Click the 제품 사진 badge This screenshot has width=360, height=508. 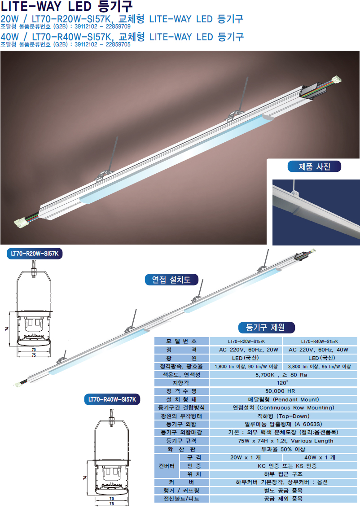point(314,166)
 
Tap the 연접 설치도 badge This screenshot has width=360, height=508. point(171,279)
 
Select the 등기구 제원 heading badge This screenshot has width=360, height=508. point(266,327)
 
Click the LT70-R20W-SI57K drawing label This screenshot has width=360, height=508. point(35,254)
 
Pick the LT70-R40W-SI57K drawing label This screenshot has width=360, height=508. point(112,399)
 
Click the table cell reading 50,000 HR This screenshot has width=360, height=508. point(283,391)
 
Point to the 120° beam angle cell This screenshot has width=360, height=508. point(283,383)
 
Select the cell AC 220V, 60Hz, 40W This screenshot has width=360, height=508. point(320,350)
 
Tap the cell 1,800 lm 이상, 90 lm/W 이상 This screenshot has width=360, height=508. point(246,367)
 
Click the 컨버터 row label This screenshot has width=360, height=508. point(167,466)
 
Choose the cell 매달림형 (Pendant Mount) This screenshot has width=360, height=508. point(283,399)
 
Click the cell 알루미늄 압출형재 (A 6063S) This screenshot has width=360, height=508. point(283,424)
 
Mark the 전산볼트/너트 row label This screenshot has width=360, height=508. point(181,499)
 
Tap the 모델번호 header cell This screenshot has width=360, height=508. point(181,341)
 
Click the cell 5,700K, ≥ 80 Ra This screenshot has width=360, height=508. point(283,375)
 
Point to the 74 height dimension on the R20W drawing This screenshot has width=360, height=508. point(7,328)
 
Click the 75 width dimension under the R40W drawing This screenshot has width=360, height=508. point(111,504)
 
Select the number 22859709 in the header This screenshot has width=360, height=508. point(118,26)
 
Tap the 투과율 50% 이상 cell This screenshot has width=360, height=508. point(283,449)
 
